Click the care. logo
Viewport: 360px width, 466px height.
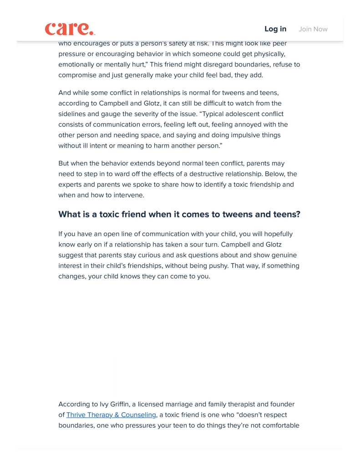(70, 29)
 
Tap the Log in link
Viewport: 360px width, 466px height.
(275, 29)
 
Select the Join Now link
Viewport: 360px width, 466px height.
(313, 29)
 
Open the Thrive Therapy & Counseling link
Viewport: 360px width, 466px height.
(111, 415)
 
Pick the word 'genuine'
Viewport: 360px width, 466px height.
(285, 255)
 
